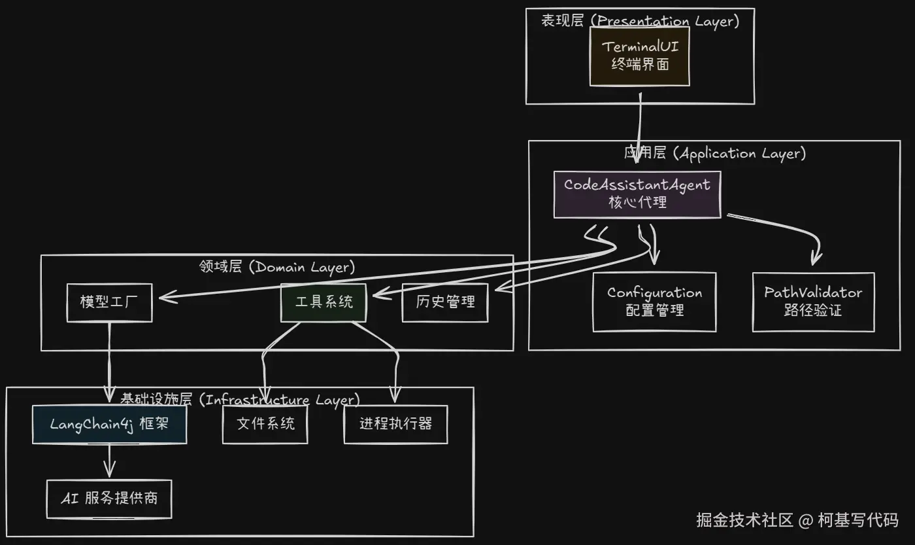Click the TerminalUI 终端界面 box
[640, 56]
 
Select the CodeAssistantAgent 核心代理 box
[637, 194]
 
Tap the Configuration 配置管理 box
[654, 302]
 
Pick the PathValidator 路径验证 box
[813, 302]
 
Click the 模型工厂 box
[109, 302]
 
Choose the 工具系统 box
[324, 302]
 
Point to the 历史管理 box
[444, 302]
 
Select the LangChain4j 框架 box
[109, 424]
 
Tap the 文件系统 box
[265, 424]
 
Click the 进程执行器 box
[395, 424]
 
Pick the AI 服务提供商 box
[109, 499]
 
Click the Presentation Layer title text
[640, 21]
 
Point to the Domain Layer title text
[276, 267]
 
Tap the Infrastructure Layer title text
[240, 400]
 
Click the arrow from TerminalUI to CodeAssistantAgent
[639, 134]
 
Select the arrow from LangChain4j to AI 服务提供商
[109, 460]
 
